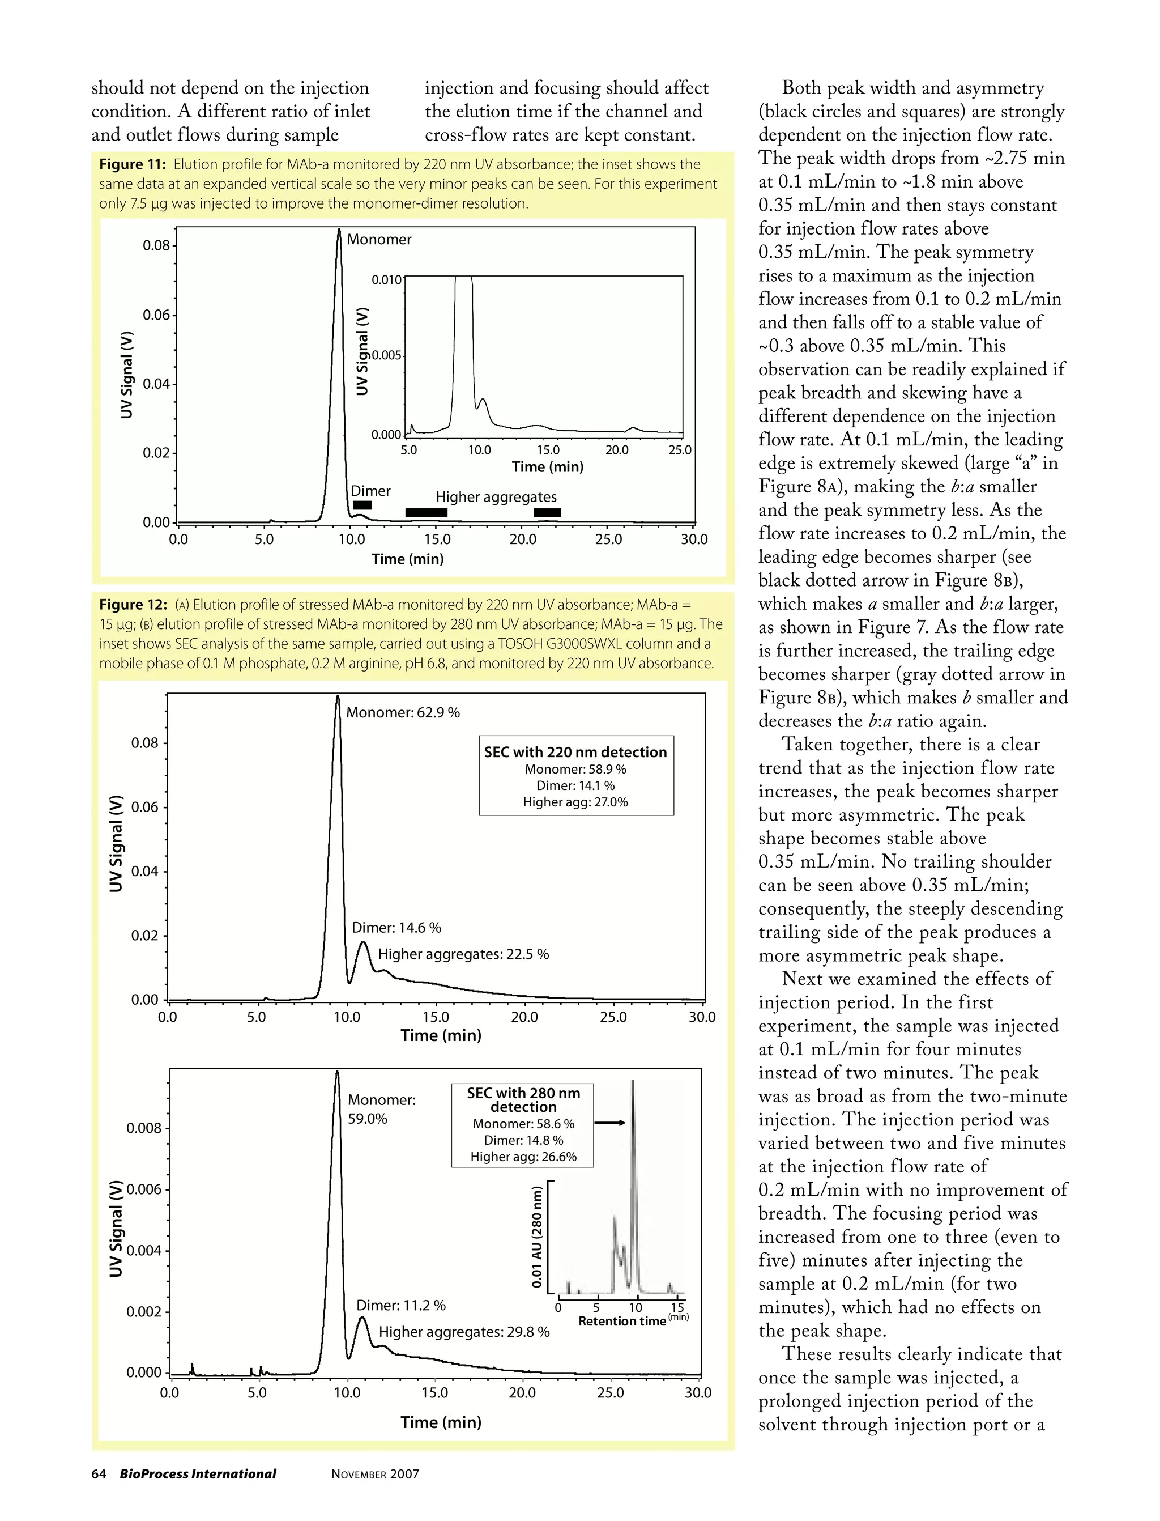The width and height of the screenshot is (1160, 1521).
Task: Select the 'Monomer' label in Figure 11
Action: [378, 240]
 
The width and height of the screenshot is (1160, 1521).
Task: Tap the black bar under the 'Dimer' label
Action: [362, 505]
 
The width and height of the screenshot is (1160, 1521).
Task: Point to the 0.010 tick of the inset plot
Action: [387, 280]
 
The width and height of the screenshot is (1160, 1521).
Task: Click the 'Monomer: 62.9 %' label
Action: [403, 712]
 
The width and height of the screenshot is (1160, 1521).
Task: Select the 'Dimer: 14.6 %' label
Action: [396, 928]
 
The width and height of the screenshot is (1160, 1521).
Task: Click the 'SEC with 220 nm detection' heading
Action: [575, 751]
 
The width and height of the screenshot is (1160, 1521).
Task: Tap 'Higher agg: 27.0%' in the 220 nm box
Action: [575, 802]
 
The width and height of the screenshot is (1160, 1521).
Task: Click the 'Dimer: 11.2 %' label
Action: [400, 1306]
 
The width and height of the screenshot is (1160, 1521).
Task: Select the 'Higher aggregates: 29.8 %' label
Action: [464, 1332]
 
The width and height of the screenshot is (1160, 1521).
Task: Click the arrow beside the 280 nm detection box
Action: [609, 1123]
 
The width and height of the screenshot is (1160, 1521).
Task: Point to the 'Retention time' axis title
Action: [621, 1322]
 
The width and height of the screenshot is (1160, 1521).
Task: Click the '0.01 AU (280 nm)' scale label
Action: [536, 1237]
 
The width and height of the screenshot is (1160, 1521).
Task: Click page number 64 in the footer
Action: [99, 1474]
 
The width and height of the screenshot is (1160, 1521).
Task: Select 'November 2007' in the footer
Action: [375, 1474]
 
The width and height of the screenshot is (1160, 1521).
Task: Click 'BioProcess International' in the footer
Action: [198, 1474]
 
